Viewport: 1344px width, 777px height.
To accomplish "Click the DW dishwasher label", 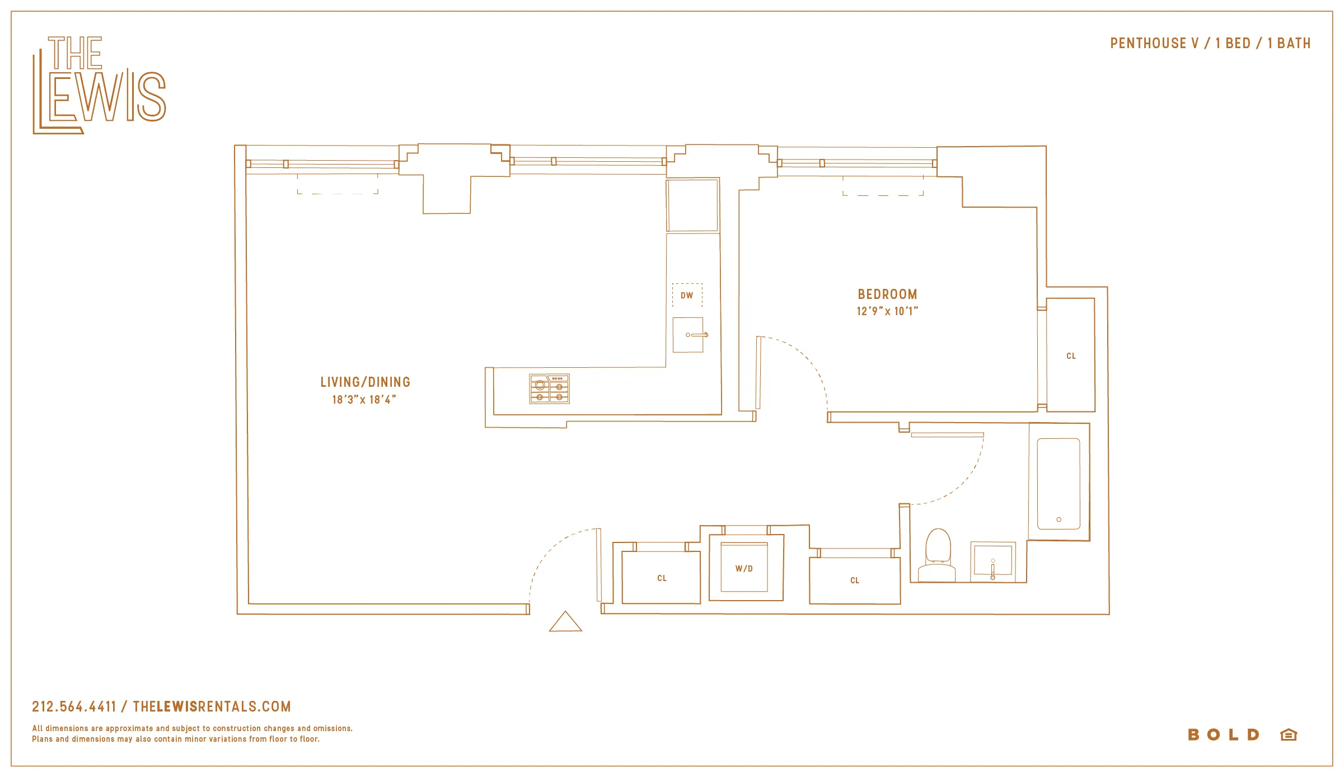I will click(687, 296).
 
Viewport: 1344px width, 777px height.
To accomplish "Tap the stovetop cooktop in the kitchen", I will click(549, 389).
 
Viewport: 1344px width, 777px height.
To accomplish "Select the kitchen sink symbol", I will click(688, 335).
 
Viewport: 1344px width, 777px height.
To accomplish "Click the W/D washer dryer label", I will click(744, 569).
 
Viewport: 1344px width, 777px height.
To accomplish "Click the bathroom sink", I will click(992, 560).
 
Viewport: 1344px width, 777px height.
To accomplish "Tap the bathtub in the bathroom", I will click(1058, 484).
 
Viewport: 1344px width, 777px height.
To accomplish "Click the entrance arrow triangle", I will click(565, 622).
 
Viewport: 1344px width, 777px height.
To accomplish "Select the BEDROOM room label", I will click(887, 294).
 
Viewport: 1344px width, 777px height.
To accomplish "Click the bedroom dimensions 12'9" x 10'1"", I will click(887, 311).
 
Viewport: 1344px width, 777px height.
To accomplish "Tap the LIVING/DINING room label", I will click(366, 382).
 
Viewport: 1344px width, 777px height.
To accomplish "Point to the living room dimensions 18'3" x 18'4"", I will click(364, 400).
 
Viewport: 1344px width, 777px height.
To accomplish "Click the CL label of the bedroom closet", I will click(1071, 356).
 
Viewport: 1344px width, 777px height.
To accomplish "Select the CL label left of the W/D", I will click(662, 578).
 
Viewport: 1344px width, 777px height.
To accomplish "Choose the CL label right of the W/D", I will click(854, 581).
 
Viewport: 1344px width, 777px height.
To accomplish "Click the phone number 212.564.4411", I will click(74, 706).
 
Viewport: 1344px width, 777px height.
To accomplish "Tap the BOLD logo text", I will click(1224, 734).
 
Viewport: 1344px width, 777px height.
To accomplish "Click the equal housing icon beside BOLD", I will click(1288, 734).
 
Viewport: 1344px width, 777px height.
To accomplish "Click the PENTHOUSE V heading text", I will click(1154, 44).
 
